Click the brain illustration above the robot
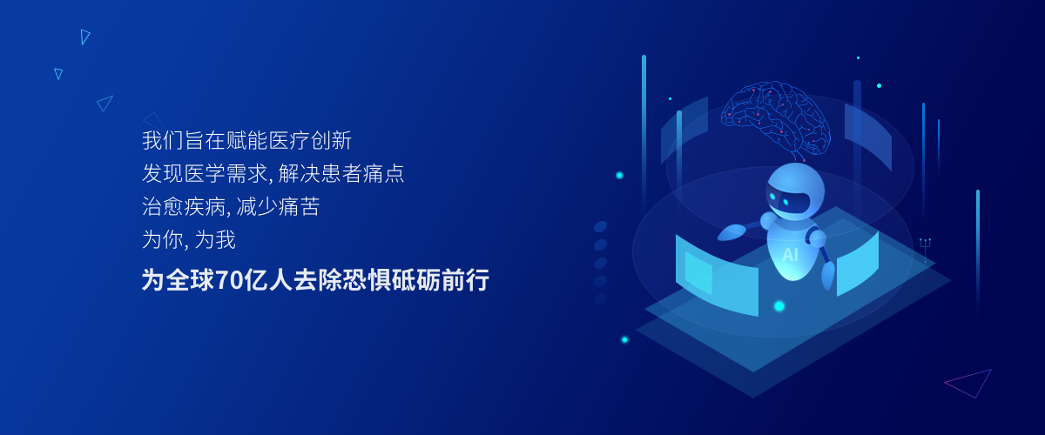tap(775, 120)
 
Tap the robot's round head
tap(795, 191)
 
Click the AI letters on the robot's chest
tap(790, 255)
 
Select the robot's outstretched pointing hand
tap(731, 231)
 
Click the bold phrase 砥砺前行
tap(440, 280)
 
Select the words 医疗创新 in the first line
tap(310, 140)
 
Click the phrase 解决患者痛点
tap(341, 173)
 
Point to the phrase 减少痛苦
tap(278, 206)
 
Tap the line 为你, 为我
tap(189, 239)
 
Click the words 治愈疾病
tap(184, 206)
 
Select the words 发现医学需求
tap(205, 173)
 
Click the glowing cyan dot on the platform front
tap(779, 306)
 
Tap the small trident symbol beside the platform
tap(925, 250)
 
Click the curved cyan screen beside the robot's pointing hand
tap(717, 275)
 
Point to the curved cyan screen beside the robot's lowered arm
tap(858, 264)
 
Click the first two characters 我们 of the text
tap(163, 140)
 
